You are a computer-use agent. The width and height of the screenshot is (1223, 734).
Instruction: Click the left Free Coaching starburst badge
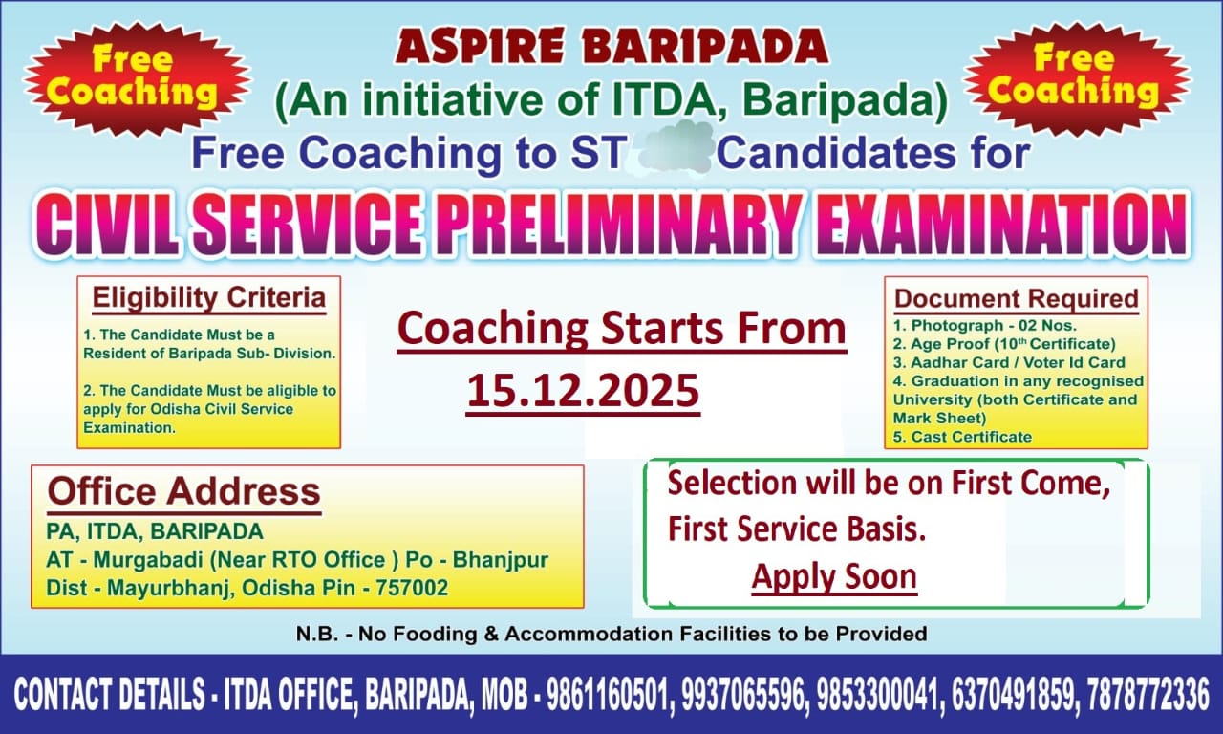tap(137, 78)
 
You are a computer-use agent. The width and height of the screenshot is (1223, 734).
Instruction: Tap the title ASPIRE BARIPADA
tap(611, 46)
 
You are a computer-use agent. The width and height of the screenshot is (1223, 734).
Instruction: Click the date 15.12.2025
tap(583, 391)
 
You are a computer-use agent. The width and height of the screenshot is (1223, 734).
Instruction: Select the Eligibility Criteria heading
tap(209, 298)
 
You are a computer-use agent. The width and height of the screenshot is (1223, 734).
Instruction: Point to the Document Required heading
tap(1017, 299)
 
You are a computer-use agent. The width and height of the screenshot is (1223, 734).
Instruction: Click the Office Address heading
tap(184, 491)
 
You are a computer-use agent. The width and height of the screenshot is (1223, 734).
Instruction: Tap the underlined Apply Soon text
tap(834, 576)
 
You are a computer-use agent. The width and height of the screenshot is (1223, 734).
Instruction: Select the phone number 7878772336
tap(1148, 694)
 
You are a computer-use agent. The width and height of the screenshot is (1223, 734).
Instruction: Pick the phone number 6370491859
tap(1015, 694)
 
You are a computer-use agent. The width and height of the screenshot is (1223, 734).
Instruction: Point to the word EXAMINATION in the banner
tap(1000, 225)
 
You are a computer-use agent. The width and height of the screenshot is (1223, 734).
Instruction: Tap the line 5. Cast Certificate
tap(962, 437)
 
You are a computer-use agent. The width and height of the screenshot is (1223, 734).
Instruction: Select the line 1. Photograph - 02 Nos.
tap(985, 326)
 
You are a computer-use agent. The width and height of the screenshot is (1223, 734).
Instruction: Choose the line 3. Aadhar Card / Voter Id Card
tap(1010, 362)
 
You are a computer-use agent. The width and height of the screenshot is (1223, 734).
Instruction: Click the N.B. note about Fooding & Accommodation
tap(611, 634)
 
